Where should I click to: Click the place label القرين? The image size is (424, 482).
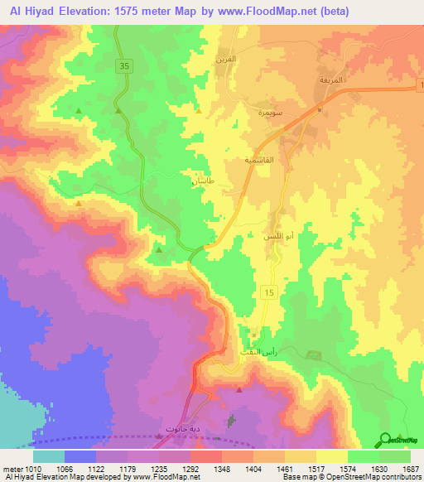click(x=249, y=60)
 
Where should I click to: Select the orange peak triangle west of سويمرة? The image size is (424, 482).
click(x=199, y=110)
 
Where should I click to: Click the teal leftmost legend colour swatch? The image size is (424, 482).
click(x=49, y=455)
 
